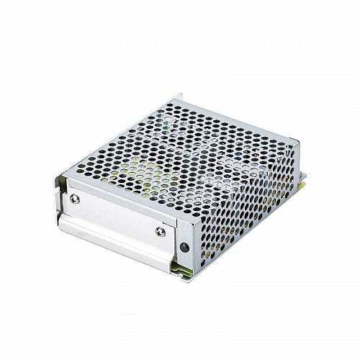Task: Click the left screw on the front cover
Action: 75,199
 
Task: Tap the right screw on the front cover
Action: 160,231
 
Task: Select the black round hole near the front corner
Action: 184,247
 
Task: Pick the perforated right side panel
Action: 245,209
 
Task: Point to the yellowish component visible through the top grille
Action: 137,170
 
